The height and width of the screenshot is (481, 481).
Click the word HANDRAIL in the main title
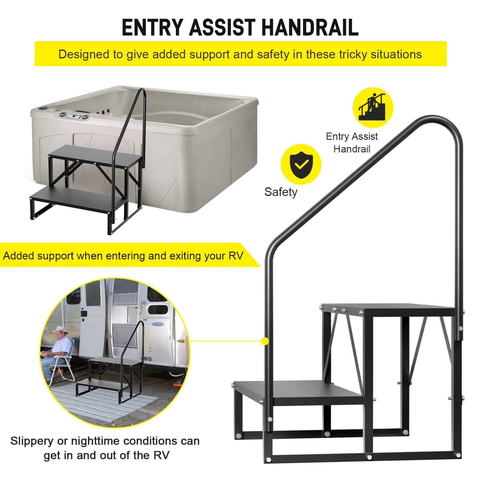pyautogui.click(x=310, y=28)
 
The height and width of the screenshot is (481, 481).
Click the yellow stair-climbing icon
pyautogui.click(x=373, y=108)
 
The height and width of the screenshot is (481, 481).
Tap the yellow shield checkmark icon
pyautogui.click(x=301, y=164)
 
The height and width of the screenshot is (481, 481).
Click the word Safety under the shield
pyautogui.click(x=281, y=192)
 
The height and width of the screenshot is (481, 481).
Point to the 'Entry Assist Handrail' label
pyautogui.click(x=352, y=142)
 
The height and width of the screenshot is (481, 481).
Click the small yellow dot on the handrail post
pyautogui.click(x=265, y=341)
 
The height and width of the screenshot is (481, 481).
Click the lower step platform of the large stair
pyautogui.click(x=299, y=392)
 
